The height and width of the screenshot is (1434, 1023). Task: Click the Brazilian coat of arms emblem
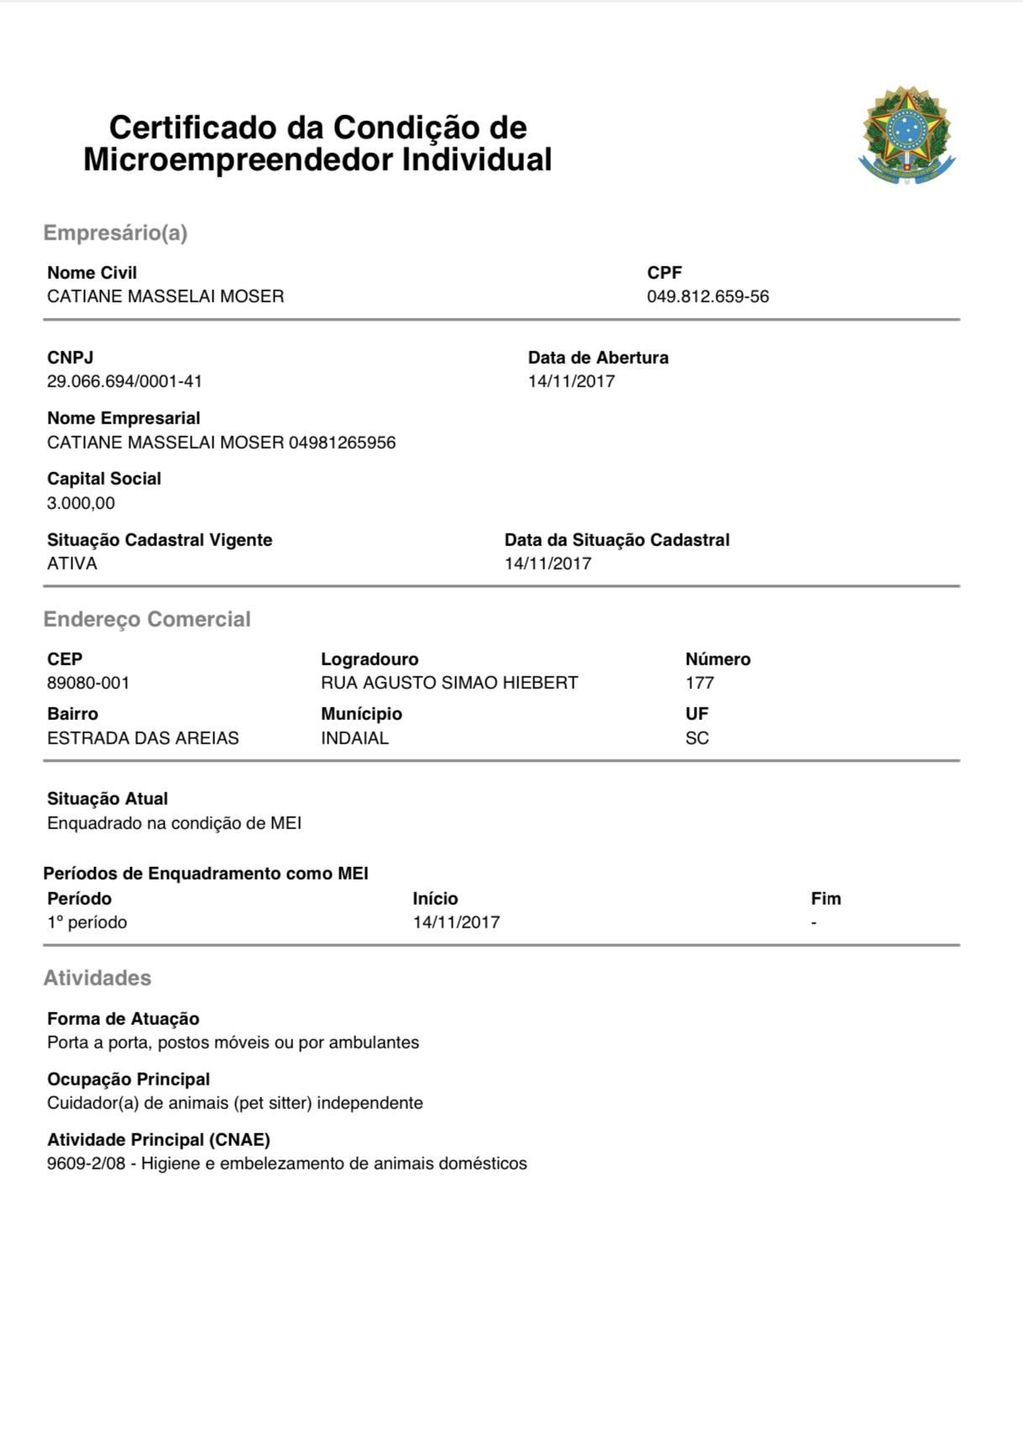click(906, 135)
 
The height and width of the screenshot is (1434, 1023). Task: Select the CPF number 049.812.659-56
click(707, 297)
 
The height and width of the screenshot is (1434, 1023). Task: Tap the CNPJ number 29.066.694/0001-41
click(124, 381)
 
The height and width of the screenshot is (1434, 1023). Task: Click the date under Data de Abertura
click(571, 381)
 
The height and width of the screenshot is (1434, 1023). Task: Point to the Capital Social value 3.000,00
click(81, 503)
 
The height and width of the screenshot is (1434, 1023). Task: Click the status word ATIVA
click(72, 564)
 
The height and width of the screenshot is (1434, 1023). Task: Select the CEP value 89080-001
click(88, 683)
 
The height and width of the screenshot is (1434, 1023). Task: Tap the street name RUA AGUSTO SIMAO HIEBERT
click(449, 683)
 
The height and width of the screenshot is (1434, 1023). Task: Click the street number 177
click(700, 683)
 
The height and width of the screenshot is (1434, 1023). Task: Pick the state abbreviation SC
click(697, 738)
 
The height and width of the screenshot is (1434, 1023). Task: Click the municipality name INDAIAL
click(354, 738)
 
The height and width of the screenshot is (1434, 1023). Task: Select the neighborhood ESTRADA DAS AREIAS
click(143, 738)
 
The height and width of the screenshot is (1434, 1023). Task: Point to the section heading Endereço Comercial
click(147, 619)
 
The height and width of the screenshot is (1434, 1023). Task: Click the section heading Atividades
click(97, 978)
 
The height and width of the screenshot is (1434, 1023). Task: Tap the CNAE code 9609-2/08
click(86, 1163)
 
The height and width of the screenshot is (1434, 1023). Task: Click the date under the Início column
click(456, 922)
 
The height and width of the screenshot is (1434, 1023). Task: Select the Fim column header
click(826, 899)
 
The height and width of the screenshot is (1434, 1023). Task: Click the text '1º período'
click(87, 922)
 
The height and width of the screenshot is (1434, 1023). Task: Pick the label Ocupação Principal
click(129, 1079)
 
